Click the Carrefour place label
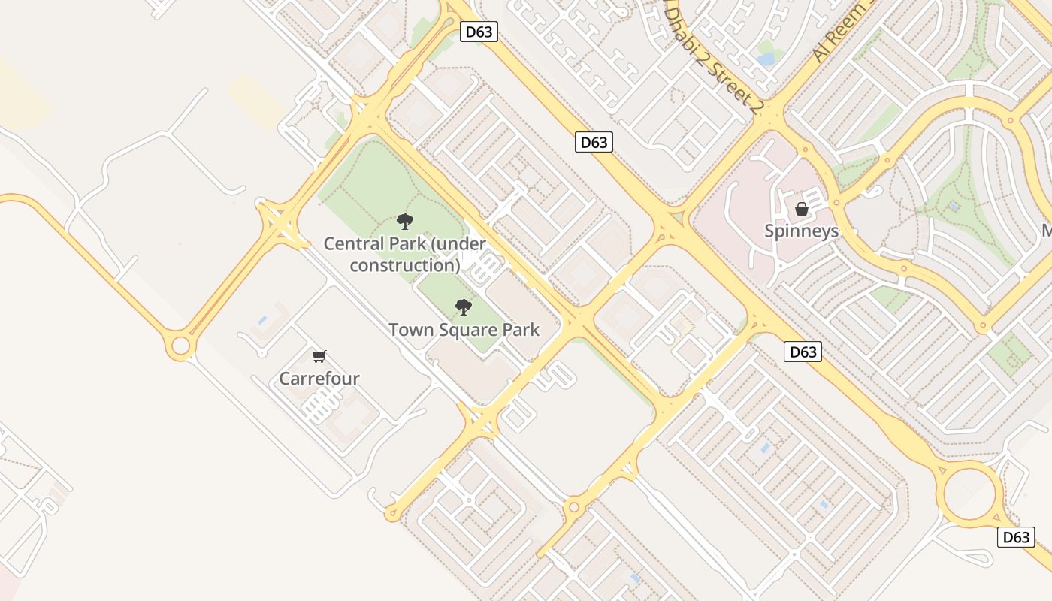point(319,378)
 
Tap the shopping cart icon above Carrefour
point(319,356)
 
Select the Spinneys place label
point(801,231)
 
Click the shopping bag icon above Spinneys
point(802,208)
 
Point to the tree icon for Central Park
point(405,221)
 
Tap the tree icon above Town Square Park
point(464,307)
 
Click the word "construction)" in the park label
point(405,265)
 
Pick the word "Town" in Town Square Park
point(410,329)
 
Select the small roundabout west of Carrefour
point(180,346)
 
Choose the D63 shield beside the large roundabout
point(1016,537)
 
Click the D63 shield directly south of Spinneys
point(803,352)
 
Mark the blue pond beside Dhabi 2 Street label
point(766,58)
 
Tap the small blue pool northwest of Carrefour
point(262,320)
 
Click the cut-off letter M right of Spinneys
point(1046,231)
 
